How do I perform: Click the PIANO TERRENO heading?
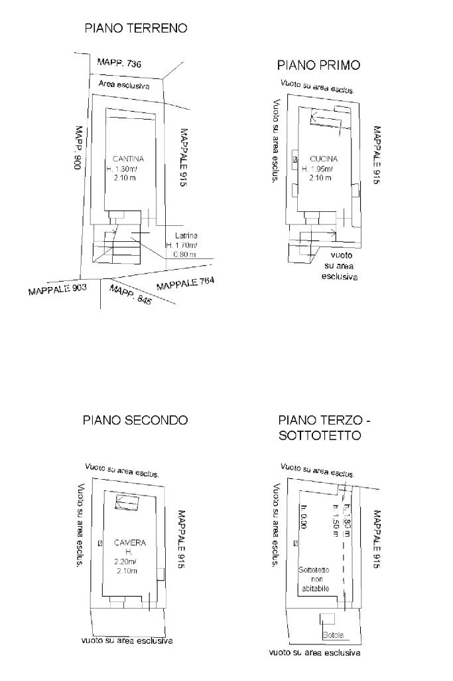(x=135, y=29)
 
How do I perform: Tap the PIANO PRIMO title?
(x=318, y=65)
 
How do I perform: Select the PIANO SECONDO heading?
(x=135, y=420)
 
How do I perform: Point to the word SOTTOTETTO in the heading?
(x=320, y=436)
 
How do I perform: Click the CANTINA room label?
(x=127, y=159)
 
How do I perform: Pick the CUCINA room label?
(x=324, y=159)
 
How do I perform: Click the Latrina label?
(x=186, y=236)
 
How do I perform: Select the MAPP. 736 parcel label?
(x=119, y=63)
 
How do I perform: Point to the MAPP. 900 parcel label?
(x=78, y=149)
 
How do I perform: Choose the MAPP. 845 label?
(x=130, y=294)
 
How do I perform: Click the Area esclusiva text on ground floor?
(x=123, y=85)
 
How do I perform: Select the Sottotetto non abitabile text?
(x=314, y=579)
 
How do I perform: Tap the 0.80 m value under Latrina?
(x=184, y=254)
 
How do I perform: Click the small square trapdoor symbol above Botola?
(x=326, y=619)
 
